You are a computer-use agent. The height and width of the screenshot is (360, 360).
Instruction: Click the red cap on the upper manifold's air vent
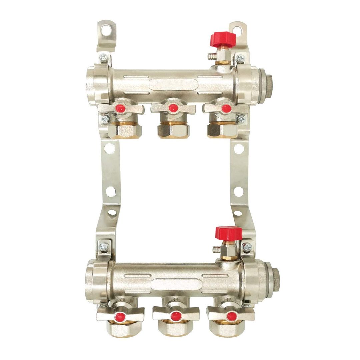(x=223, y=40)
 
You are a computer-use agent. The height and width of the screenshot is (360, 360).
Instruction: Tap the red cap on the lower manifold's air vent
(x=229, y=233)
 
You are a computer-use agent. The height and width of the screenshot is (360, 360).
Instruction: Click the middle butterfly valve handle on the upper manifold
(x=173, y=108)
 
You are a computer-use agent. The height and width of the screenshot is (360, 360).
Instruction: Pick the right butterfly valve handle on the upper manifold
(x=226, y=108)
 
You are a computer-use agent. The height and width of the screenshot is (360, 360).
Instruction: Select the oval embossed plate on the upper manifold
(x=173, y=84)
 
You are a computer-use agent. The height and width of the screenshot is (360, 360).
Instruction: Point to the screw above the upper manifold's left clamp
(x=104, y=57)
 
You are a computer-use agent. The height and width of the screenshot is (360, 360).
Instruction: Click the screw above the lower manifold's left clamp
(x=104, y=247)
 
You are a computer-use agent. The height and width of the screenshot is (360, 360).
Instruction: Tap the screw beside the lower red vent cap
(x=247, y=247)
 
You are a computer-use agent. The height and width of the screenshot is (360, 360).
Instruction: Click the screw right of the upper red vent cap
(x=240, y=59)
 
